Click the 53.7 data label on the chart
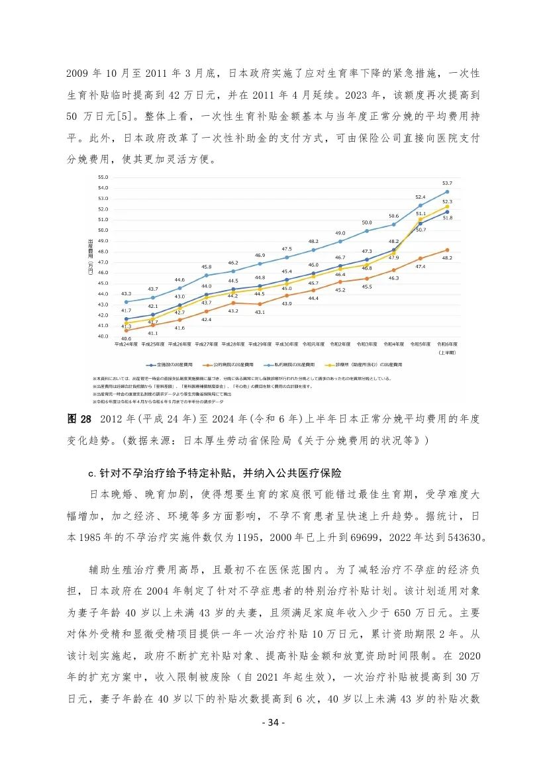point(447,183)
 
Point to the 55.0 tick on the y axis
point(103,177)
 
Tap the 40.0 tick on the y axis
point(103,336)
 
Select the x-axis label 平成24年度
point(126,345)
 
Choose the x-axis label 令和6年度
point(448,345)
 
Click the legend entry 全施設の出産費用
point(174,364)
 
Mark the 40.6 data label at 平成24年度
point(125,338)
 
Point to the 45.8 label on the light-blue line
point(206,267)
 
